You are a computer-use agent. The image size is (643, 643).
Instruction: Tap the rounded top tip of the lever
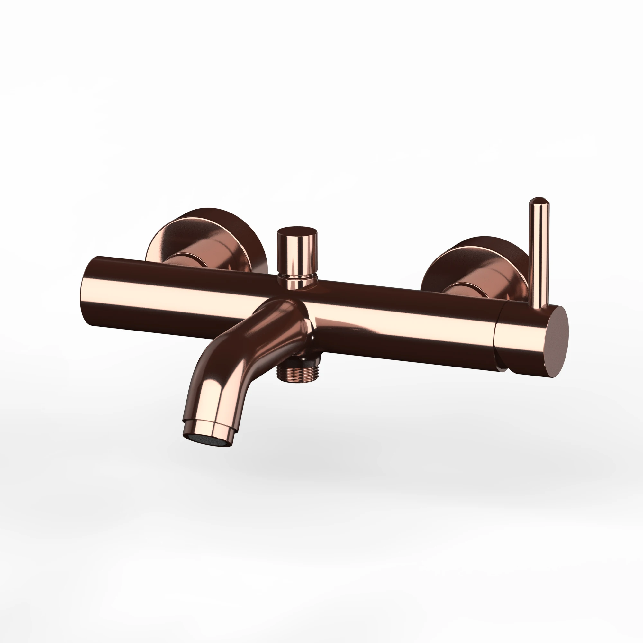click(x=538, y=202)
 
